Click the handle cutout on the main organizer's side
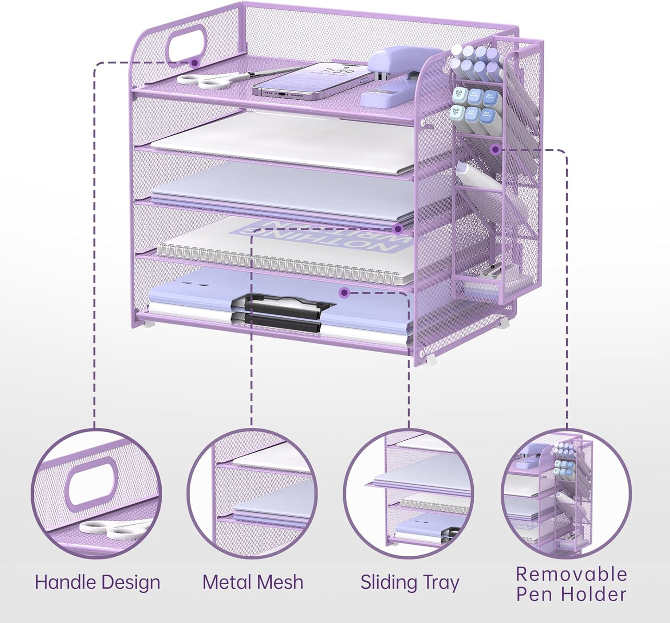[185, 44]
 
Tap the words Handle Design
[97, 582]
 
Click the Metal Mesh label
[253, 582]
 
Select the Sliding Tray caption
[410, 582]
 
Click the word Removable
[571, 574]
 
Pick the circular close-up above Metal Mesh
[253, 494]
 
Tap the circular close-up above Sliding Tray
[409, 494]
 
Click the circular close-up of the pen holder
[567, 494]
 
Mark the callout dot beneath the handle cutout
[195, 62]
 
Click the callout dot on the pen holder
[495, 149]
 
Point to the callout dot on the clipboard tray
[344, 292]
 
